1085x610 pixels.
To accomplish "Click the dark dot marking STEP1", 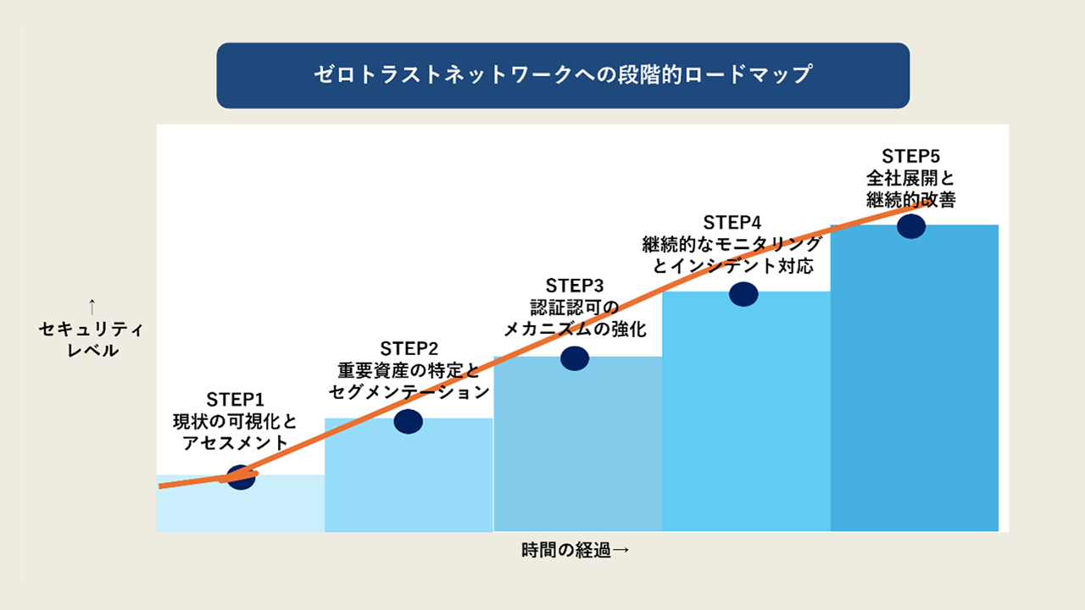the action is coord(241,477).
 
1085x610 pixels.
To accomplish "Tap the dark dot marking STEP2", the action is coord(409,422).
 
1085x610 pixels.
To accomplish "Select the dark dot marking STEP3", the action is coord(575,358).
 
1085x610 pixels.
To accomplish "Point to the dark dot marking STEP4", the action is coord(743,294).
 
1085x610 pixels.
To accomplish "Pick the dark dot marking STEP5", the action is coord(911,226).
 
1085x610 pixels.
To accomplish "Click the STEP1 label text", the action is coord(236,400).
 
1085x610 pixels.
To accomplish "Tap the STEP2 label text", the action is coord(409,348).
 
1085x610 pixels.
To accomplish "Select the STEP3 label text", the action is coord(575,286).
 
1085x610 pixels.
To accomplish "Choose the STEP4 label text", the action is coord(732,223).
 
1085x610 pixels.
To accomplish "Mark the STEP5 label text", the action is coord(911,157).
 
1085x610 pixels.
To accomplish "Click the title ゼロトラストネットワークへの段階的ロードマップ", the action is coord(563,75).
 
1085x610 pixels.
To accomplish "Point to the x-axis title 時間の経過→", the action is coord(576,551).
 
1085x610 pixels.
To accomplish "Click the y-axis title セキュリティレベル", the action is coord(92,340).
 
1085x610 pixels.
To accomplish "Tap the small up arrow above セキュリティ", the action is coord(92,307).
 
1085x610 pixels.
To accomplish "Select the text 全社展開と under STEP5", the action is coord(910,178).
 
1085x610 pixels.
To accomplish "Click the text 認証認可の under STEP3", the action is coord(575,308).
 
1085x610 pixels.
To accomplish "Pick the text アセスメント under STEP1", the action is coord(236,442).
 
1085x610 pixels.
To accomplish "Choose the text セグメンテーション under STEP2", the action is coord(409,391).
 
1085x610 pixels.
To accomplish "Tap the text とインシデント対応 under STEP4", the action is coord(732,266).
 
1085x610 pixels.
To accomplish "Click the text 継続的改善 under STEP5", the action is coord(911,199).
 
